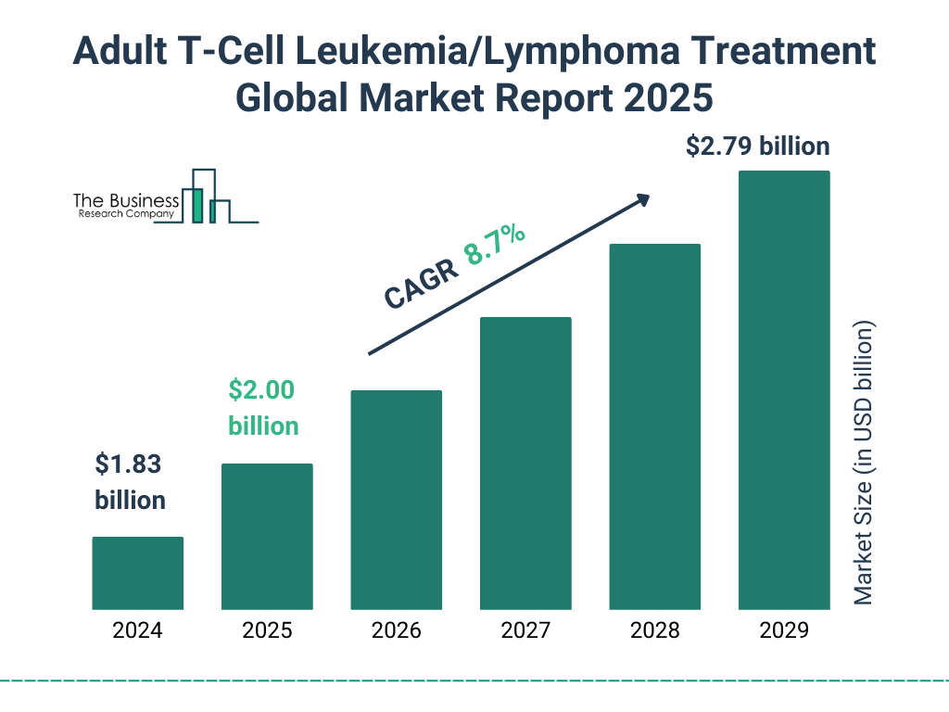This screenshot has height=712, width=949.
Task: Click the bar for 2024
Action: click(x=137, y=573)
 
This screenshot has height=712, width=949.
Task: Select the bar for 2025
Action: click(x=267, y=536)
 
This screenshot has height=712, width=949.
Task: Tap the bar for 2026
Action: click(x=396, y=500)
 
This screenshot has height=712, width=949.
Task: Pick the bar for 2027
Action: click(x=525, y=464)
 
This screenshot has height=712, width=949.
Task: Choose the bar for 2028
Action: click(x=654, y=426)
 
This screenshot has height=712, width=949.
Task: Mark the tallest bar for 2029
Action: click(x=784, y=390)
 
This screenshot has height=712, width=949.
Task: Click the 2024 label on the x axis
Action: click(x=137, y=631)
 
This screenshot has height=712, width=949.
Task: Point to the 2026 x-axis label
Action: click(x=396, y=631)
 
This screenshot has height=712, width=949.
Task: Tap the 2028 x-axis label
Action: click(x=654, y=631)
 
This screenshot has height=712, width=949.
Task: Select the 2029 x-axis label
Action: click(x=784, y=631)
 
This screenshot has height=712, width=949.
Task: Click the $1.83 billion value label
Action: click(x=131, y=482)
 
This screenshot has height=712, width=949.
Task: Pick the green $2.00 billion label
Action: click(x=263, y=408)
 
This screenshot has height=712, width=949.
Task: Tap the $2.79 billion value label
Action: click(x=757, y=146)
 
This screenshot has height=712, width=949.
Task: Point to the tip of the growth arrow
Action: click(x=648, y=197)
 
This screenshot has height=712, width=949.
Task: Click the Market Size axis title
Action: click(x=864, y=464)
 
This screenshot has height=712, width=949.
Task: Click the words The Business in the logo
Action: click(x=126, y=200)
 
